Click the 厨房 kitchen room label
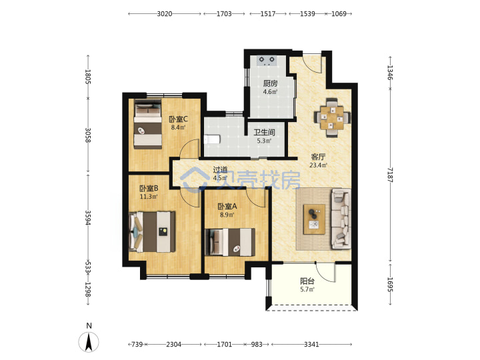270,83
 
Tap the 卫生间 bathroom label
264,132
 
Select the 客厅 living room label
318,157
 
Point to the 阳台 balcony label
307,281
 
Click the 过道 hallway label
221,169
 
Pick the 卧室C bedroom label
178,119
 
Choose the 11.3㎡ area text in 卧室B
149,197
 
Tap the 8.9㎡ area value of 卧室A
227,215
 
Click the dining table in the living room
332,117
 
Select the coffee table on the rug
314,219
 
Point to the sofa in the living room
341,219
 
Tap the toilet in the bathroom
212,139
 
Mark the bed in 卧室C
148,124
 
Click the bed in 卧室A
230,242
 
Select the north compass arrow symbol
89,342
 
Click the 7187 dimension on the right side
390,175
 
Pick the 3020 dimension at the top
165,14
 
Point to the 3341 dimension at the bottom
311,345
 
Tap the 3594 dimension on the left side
88,217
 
